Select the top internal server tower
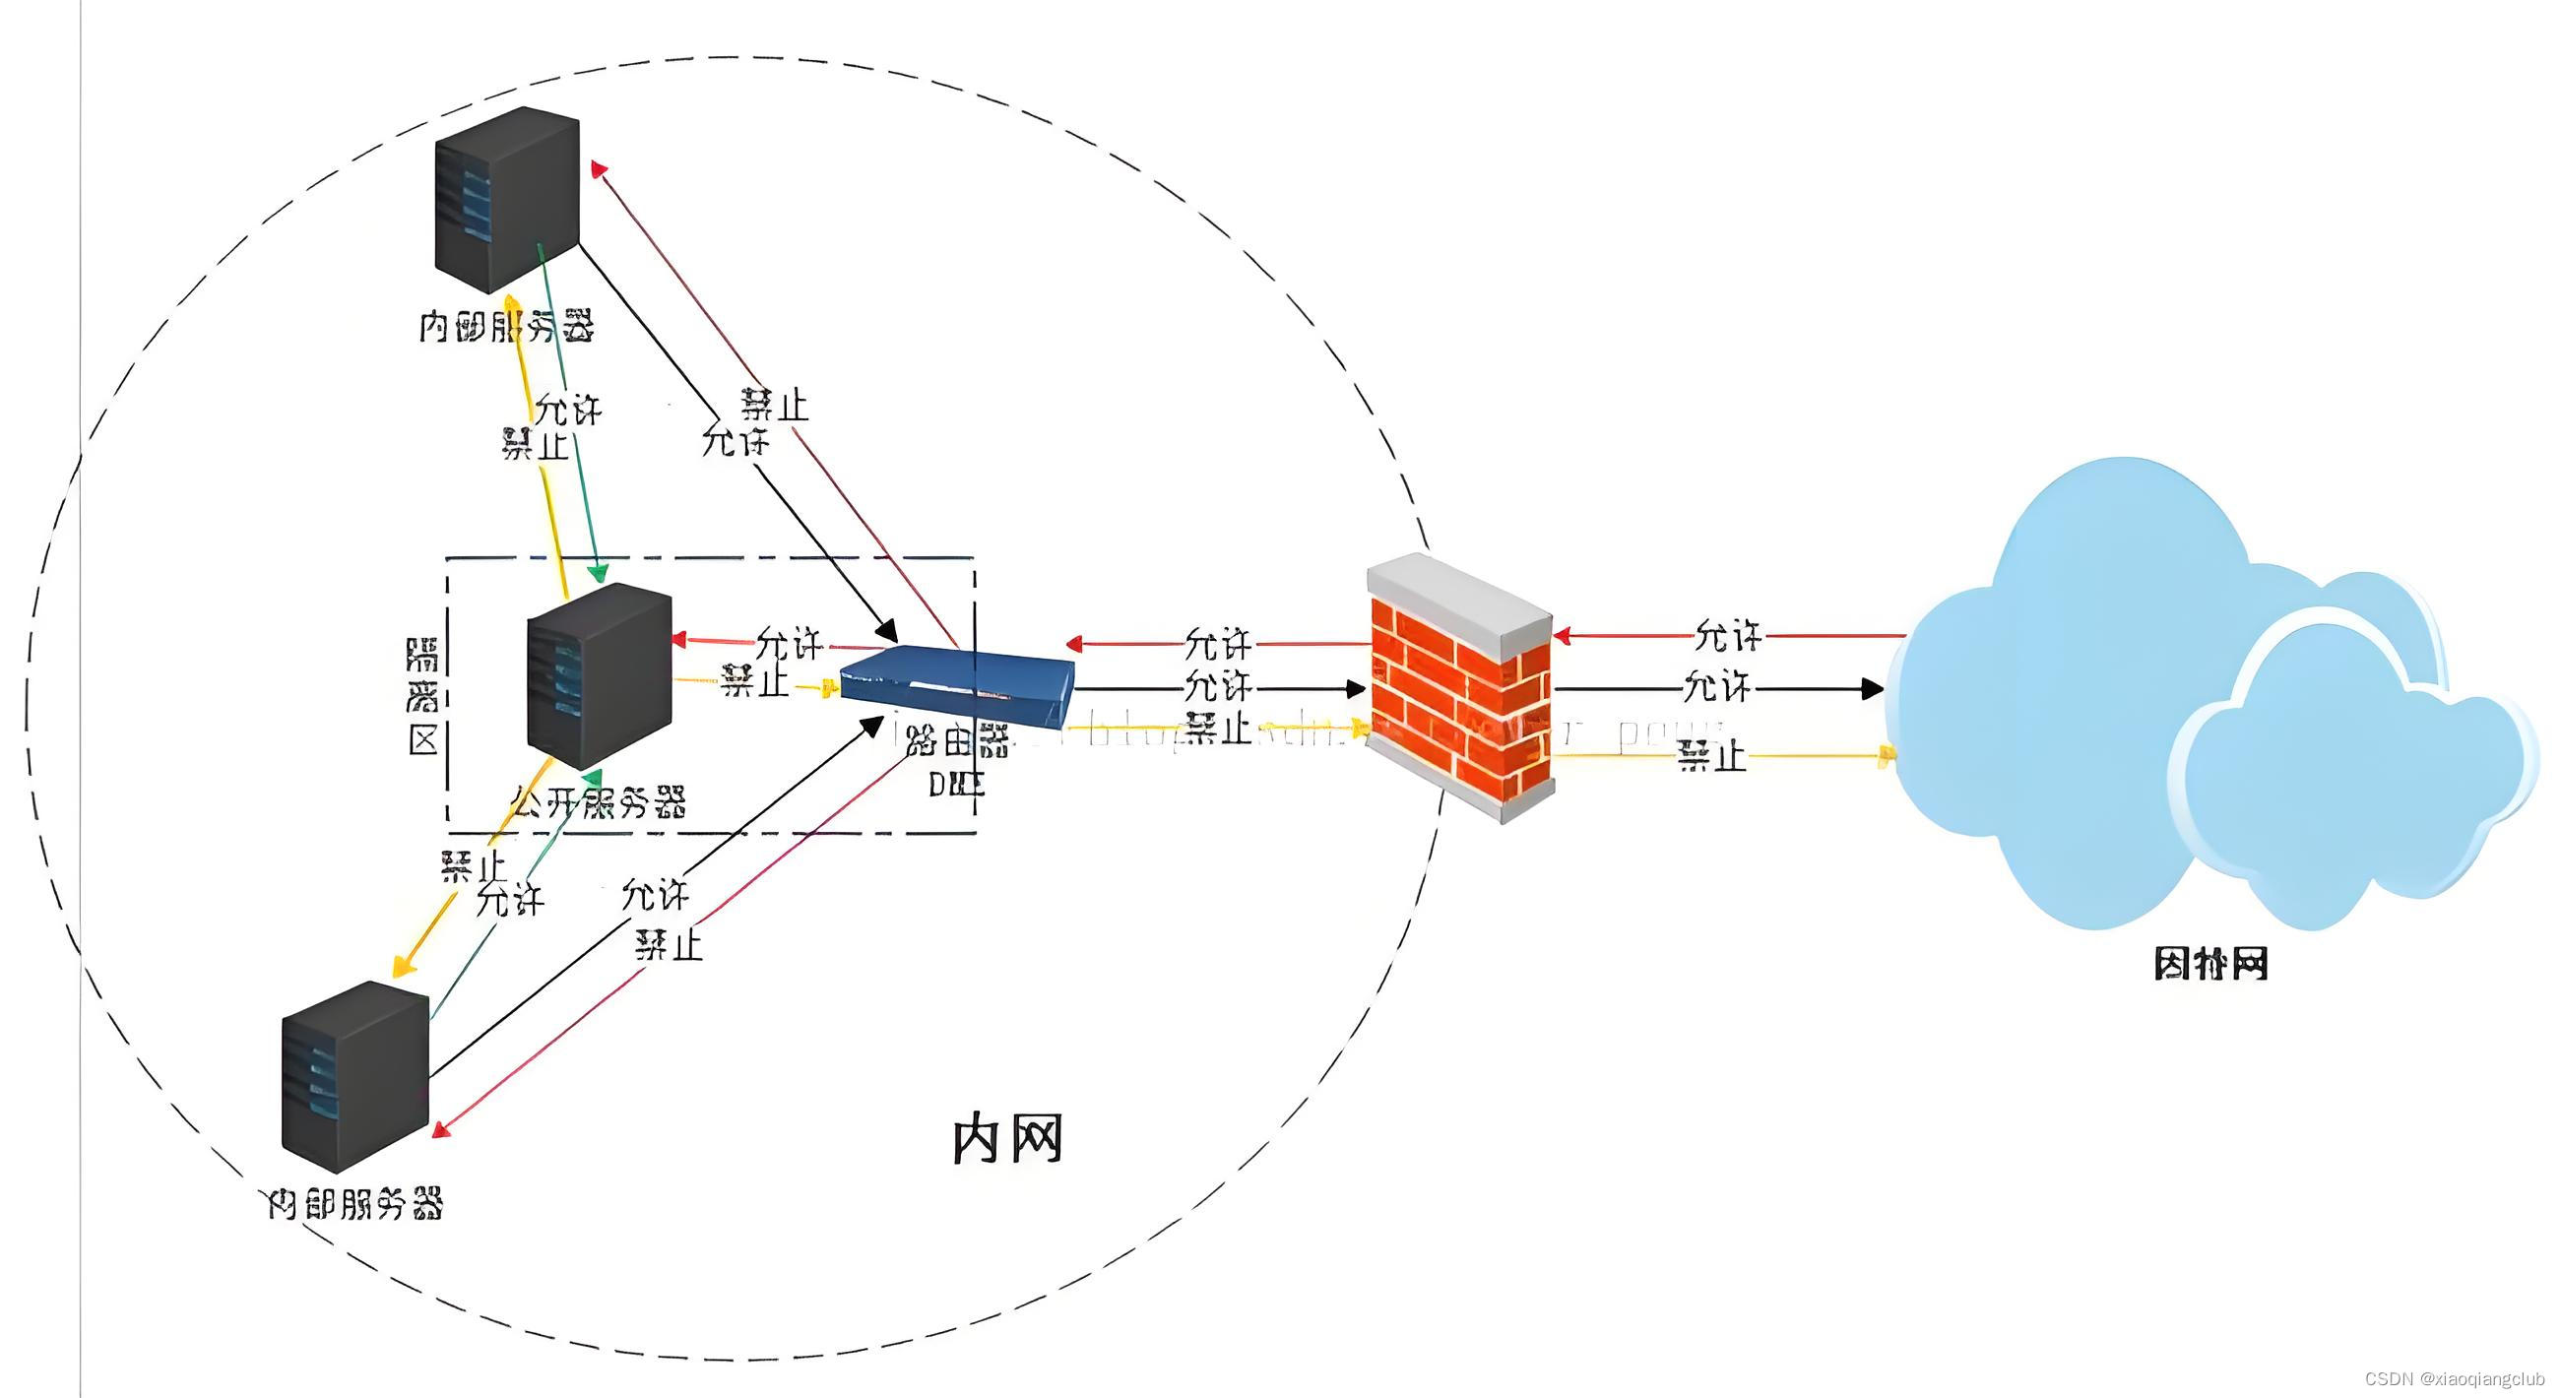click(507, 199)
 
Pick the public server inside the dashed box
click(599, 674)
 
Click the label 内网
click(1007, 1139)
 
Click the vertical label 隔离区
click(422, 696)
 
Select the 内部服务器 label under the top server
click(507, 326)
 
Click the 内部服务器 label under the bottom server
click(354, 1204)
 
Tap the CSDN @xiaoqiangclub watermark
click(2455, 1379)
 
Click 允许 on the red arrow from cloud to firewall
click(1728, 636)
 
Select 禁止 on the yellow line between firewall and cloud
click(1711, 756)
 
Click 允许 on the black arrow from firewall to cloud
click(1717, 686)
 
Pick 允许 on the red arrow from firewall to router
click(1218, 644)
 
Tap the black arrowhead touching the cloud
click(1873, 687)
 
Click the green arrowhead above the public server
click(599, 573)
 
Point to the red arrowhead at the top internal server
click(599, 169)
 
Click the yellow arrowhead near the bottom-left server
click(402, 966)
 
